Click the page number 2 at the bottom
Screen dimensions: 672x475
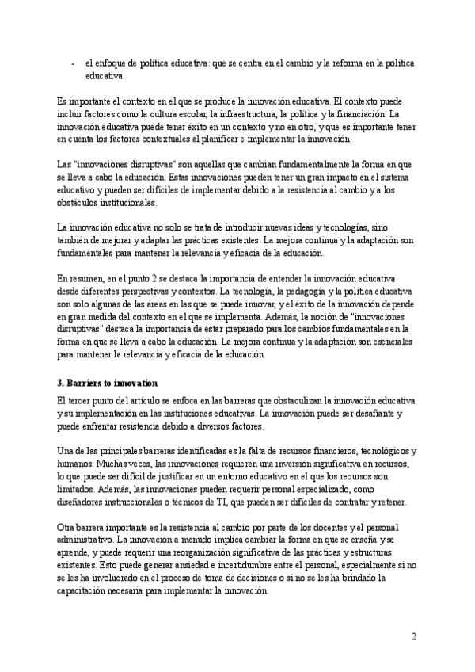414,636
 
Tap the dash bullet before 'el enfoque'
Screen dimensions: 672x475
73,63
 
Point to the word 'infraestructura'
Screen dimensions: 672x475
257,114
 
